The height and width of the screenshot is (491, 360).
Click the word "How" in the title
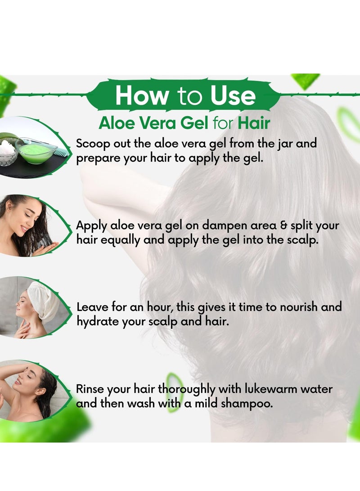point(141,95)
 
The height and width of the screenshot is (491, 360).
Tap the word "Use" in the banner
point(233,95)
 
